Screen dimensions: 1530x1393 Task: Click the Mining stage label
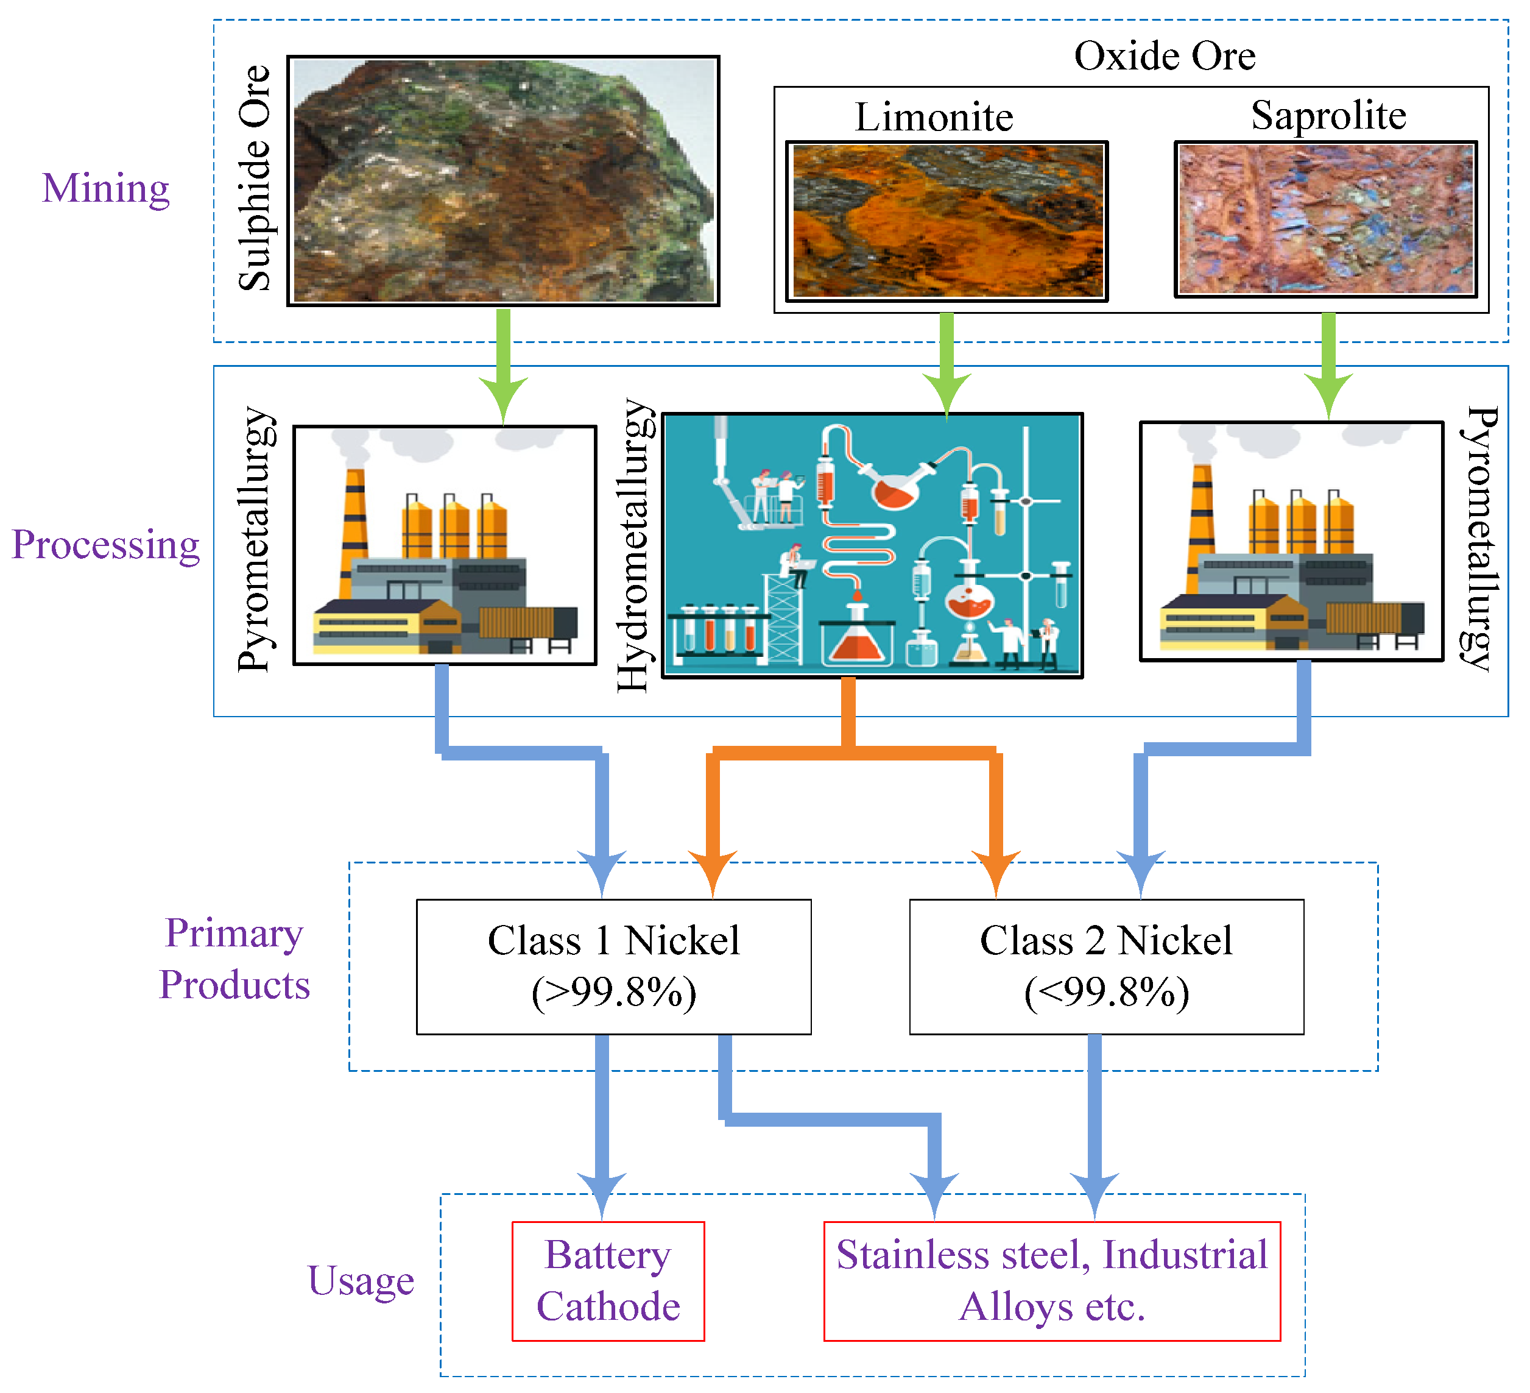click(x=106, y=188)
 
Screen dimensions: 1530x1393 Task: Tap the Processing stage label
click(x=106, y=545)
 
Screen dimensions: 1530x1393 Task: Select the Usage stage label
click(x=361, y=1281)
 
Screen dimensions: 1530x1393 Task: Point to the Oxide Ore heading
click(x=1166, y=55)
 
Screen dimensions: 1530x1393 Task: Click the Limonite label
click(x=935, y=117)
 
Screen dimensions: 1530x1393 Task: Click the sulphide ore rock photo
click(x=504, y=180)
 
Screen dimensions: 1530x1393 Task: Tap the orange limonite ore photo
click(x=948, y=221)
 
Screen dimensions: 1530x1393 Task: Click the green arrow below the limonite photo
click(x=947, y=364)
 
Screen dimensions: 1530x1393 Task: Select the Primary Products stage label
click(x=235, y=959)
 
